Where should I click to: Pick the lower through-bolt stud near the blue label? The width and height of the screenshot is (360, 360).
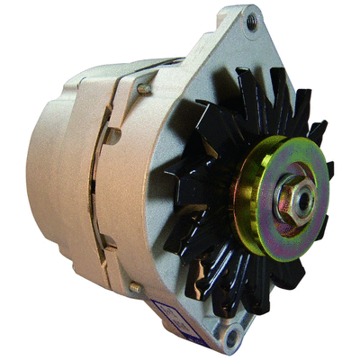[x=135, y=286]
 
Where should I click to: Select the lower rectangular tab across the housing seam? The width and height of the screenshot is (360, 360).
[x=108, y=241]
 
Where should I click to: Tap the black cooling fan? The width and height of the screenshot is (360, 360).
[x=207, y=135]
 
